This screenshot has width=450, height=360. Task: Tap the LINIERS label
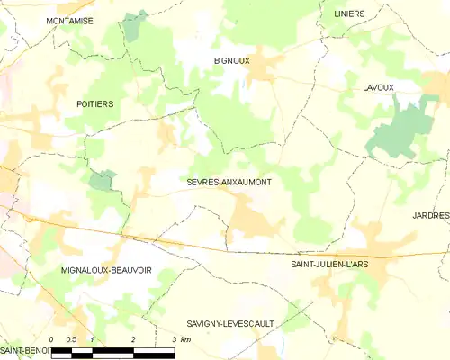tap(349, 14)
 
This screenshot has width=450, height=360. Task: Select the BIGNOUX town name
tap(231, 61)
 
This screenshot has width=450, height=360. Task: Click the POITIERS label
tap(94, 104)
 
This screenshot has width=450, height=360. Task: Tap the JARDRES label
tap(431, 216)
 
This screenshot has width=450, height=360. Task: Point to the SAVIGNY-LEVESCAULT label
tap(229, 322)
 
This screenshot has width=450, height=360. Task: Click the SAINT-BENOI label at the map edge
tap(23, 349)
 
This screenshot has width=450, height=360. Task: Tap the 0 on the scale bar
tap(52, 339)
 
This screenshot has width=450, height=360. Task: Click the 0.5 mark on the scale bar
tap(72, 339)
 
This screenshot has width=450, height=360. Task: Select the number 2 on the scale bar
tap(133, 339)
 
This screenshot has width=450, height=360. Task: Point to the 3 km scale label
tap(179, 339)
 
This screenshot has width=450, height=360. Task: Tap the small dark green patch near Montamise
tap(135, 25)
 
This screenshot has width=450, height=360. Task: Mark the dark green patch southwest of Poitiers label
tap(103, 178)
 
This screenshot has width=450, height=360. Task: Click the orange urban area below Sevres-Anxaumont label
tap(248, 216)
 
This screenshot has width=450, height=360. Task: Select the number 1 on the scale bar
tap(93, 339)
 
